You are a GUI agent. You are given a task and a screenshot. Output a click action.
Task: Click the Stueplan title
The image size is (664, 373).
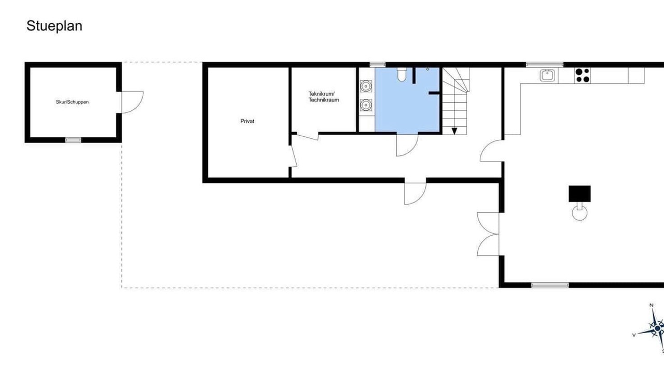(x=54, y=26)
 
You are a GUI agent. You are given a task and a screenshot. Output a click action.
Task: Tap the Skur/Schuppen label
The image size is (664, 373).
(x=72, y=102)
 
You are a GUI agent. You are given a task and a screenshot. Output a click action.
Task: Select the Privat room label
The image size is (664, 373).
(x=247, y=121)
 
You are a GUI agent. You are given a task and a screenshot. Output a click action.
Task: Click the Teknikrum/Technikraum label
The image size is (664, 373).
(x=323, y=97)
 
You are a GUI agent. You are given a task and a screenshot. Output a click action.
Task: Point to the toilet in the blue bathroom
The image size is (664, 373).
(x=402, y=75)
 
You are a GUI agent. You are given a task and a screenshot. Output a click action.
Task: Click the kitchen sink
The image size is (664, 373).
(x=547, y=75)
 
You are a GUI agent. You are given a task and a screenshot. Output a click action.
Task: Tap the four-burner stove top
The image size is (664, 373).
(x=582, y=75)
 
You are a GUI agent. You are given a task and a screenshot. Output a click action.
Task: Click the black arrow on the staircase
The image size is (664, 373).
(x=454, y=131)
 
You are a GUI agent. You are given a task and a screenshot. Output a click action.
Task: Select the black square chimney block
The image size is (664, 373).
(x=579, y=194)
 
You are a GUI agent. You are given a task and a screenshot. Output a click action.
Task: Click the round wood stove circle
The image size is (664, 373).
(x=579, y=213)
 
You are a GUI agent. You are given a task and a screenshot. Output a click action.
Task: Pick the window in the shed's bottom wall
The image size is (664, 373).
(x=73, y=140)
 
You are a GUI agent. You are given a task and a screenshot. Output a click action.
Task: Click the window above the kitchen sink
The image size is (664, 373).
(x=545, y=65)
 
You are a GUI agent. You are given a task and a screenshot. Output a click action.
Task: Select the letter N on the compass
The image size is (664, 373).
(x=652, y=305)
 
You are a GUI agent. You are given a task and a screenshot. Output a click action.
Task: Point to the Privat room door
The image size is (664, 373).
(x=294, y=156)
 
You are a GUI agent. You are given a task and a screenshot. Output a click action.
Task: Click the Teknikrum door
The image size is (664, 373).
(x=308, y=137)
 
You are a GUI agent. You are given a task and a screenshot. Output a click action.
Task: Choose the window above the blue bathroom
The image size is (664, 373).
(x=378, y=65)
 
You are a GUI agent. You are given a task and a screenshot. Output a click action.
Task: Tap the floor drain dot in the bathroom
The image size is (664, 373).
(x=427, y=69)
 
